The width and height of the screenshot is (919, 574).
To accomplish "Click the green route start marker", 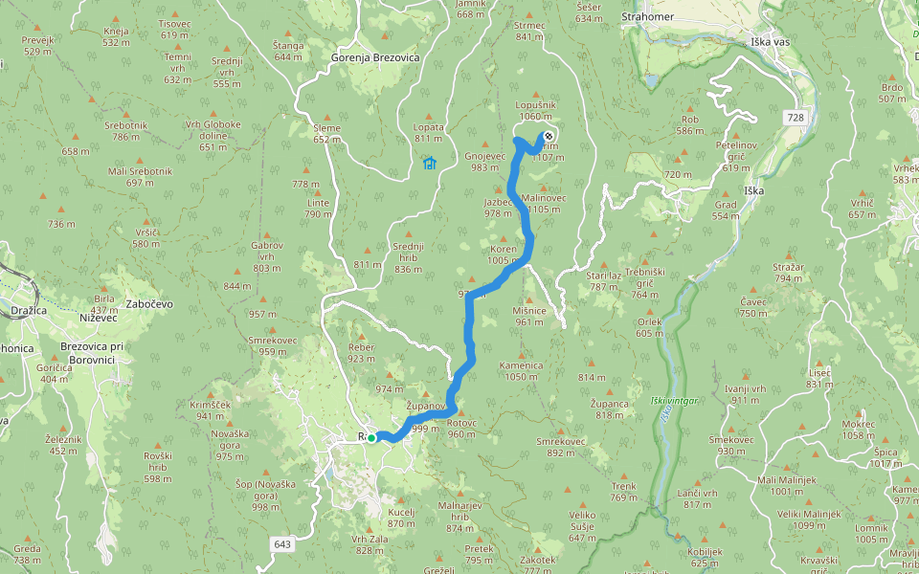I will tap(371, 438).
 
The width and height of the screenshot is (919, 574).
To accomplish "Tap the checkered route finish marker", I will tap(549, 136).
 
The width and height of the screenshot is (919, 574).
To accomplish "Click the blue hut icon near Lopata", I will tap(429, 163).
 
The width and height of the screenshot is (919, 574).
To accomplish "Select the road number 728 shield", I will tap(795, 117).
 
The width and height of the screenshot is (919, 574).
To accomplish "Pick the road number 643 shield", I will tap(281, 544).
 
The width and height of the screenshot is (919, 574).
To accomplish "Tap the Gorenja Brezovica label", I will tap(375, 57).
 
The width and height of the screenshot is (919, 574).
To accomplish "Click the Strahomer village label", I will tap(647, 17).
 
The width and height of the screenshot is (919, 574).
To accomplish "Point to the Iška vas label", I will tap(769, 43).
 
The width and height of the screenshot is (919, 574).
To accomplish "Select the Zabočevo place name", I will tap(148, 303).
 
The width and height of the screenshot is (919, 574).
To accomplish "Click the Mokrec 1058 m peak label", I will tap(858, 430).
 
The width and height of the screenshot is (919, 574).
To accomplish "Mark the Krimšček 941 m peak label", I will tap(211, 409).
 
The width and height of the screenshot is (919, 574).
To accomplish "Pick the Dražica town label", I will tap(22, 313).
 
